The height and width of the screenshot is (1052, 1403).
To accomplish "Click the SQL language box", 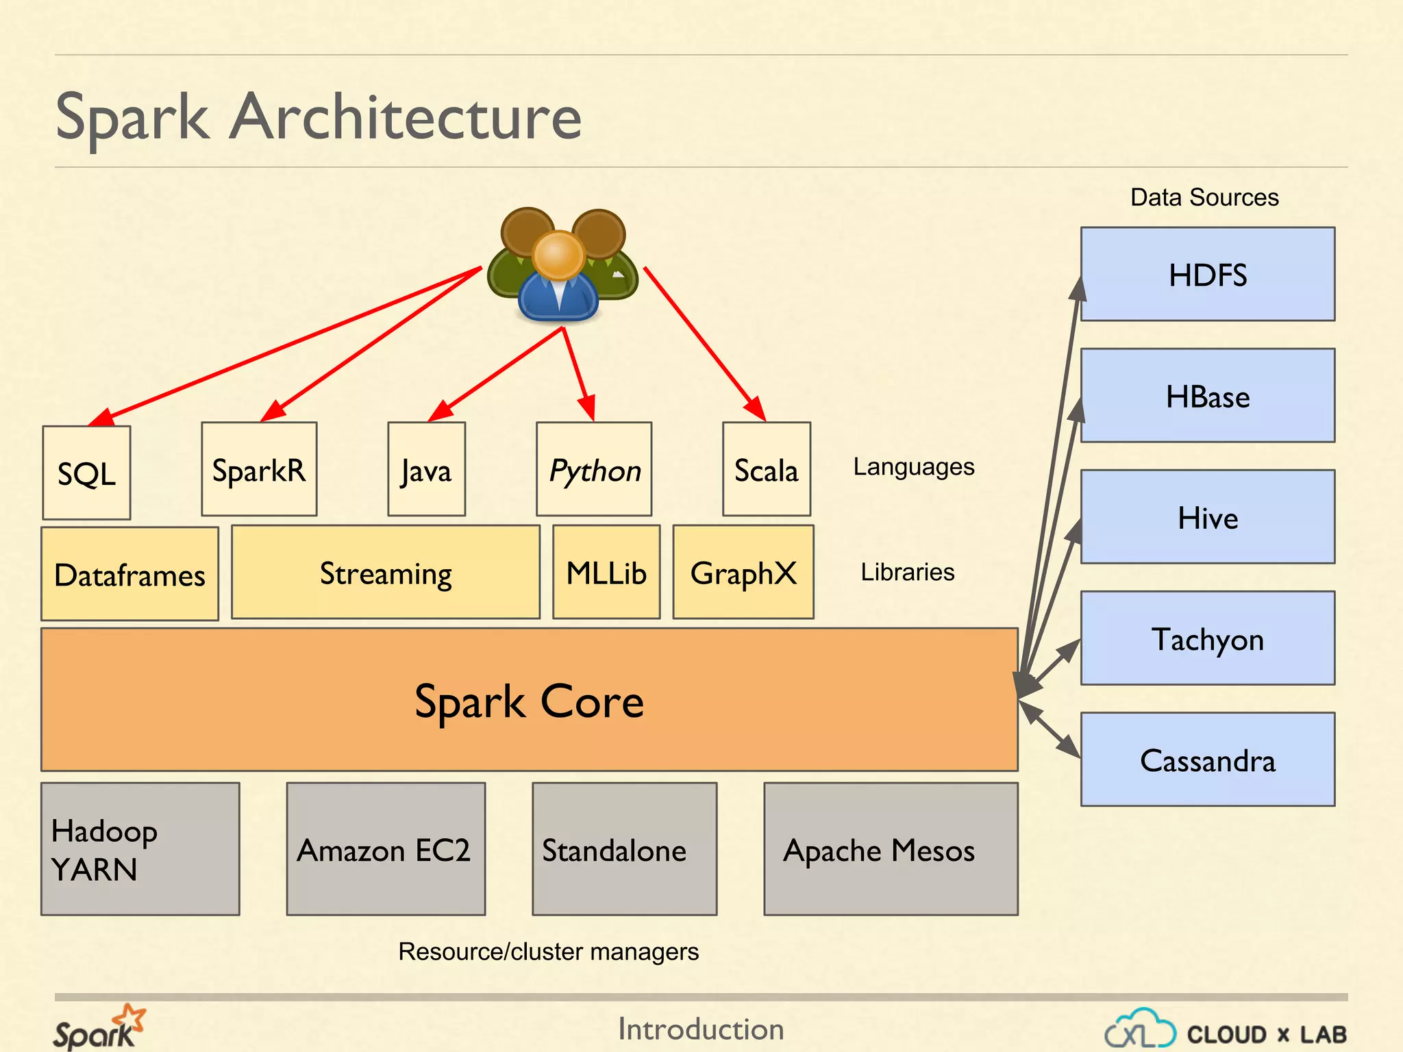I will click(x=86, y=473).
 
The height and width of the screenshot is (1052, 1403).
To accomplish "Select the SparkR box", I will click(x=259, y=469).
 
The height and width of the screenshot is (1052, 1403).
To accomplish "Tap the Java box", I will click(x=426, y=469).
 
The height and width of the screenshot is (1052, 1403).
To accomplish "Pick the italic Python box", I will click(x=594, y=469).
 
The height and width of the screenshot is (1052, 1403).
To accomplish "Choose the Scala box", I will click(x=767, y=469).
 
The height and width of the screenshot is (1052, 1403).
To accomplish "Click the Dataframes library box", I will click(x=129, y=574).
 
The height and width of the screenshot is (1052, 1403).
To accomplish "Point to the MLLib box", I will click(x=606, y=573).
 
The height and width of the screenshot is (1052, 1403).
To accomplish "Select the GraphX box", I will click(x=743, y=573).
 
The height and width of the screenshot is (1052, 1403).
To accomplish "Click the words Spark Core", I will click(x=529, y=701).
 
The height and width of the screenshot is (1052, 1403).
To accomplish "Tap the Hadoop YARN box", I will click(x=140, y=849).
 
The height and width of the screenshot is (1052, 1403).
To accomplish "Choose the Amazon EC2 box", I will click(x=386, y=849).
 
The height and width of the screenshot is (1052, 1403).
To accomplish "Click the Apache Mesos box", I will click(x=891, y=849).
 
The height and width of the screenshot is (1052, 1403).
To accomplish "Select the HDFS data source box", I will click(x=1208, y=275).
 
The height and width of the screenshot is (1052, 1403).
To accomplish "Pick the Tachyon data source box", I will click(x=1208, y=638).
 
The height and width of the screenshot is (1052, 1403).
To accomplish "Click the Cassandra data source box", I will click(x=1208, y=760).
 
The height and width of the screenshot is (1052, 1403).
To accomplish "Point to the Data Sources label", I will click(x=1204, y=197).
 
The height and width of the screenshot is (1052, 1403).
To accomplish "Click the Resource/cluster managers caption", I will click(x=548, y=951).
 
